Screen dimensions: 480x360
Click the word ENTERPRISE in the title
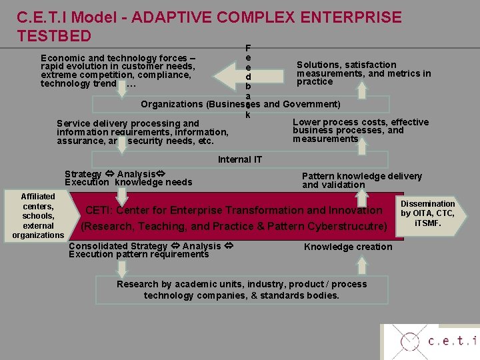pyautogui.click(x=341, y=17)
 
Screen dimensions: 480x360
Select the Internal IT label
pyautogui.click(x=240, y=159)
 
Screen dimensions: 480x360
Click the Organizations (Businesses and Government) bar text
pyautogui.click(x=240, y=105)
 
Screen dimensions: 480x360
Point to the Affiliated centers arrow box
pyautogui.click(x=38, y=216)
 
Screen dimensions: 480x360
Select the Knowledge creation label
pyautogui.click(x=348, y=247)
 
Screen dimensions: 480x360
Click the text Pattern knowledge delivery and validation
pyautogui.click(x=361, y=180)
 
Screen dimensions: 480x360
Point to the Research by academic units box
pyautogui.click(x=241, y=289)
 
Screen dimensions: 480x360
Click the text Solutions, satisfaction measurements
pyautogui.click(x=363, y=73)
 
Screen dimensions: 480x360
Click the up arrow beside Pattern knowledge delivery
pyautogui.click(x=361, y=199)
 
